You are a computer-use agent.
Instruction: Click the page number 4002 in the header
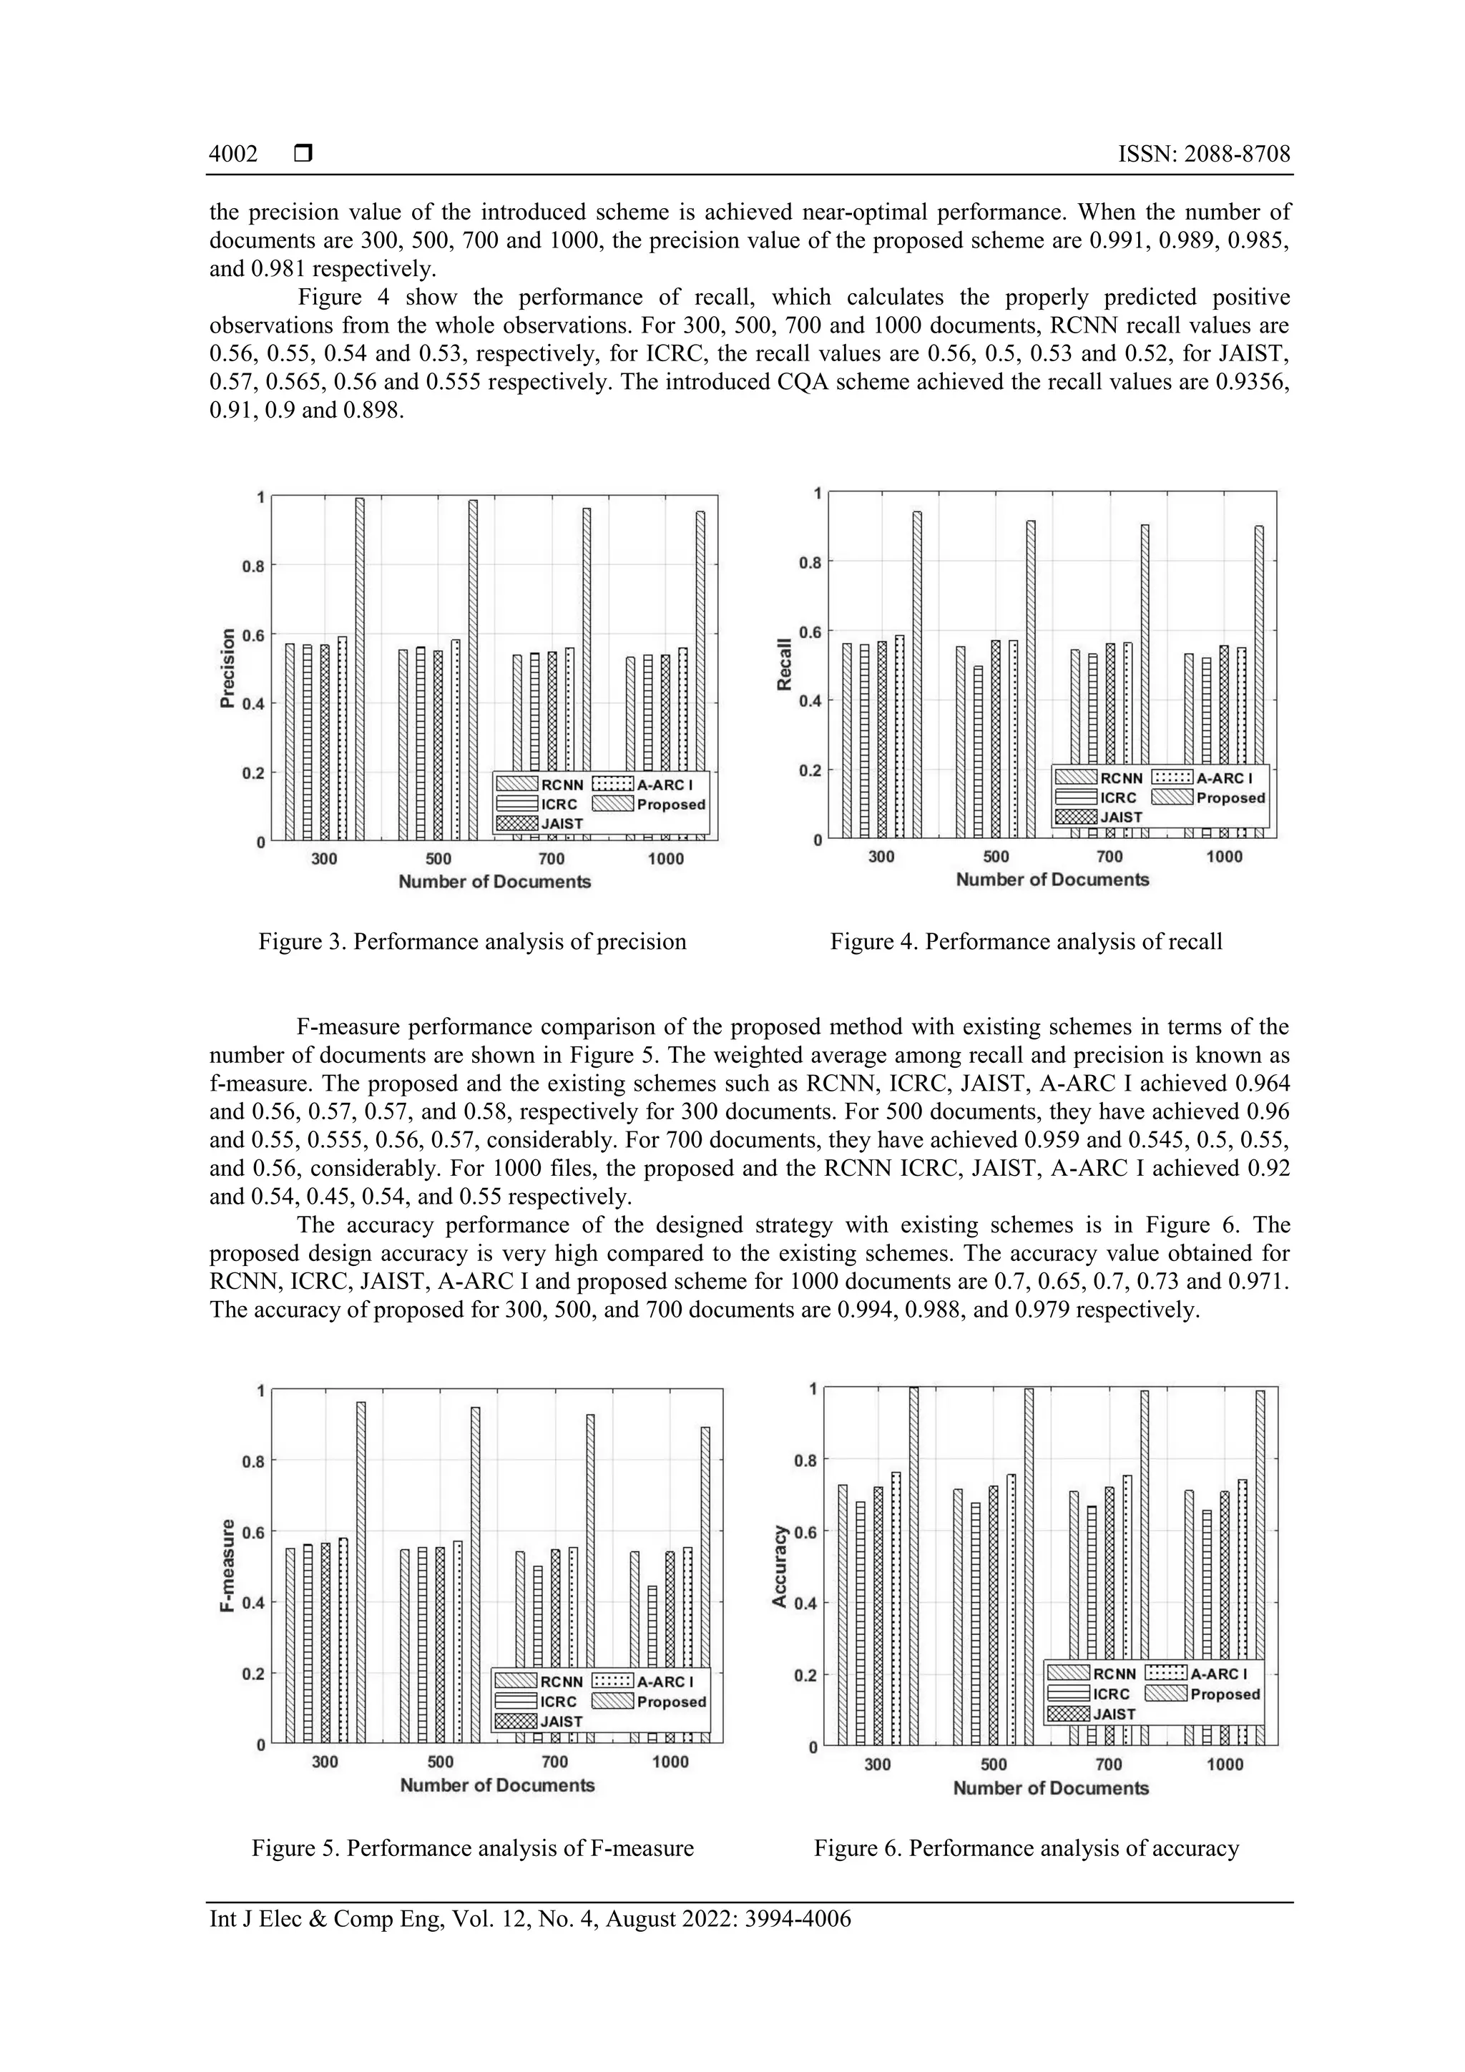click(233, 154)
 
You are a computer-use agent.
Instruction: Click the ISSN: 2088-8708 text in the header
click(1204, 154)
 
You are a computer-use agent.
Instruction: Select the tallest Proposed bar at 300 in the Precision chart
click(359, 668)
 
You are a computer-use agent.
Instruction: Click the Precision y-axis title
click(227, 668)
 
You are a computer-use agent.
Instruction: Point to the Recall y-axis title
click(785, 665)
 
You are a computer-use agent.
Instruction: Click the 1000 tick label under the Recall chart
click(1224, 856)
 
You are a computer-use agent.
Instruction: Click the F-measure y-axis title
click(227, 1566)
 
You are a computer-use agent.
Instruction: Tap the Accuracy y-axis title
click(780, 1566)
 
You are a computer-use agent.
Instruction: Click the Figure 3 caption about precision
click(472, 941)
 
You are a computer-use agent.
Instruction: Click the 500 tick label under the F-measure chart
click(441, 1761)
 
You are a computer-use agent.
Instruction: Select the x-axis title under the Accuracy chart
click(1051, 1788)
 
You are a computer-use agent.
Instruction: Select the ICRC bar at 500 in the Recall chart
click(979, 752)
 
